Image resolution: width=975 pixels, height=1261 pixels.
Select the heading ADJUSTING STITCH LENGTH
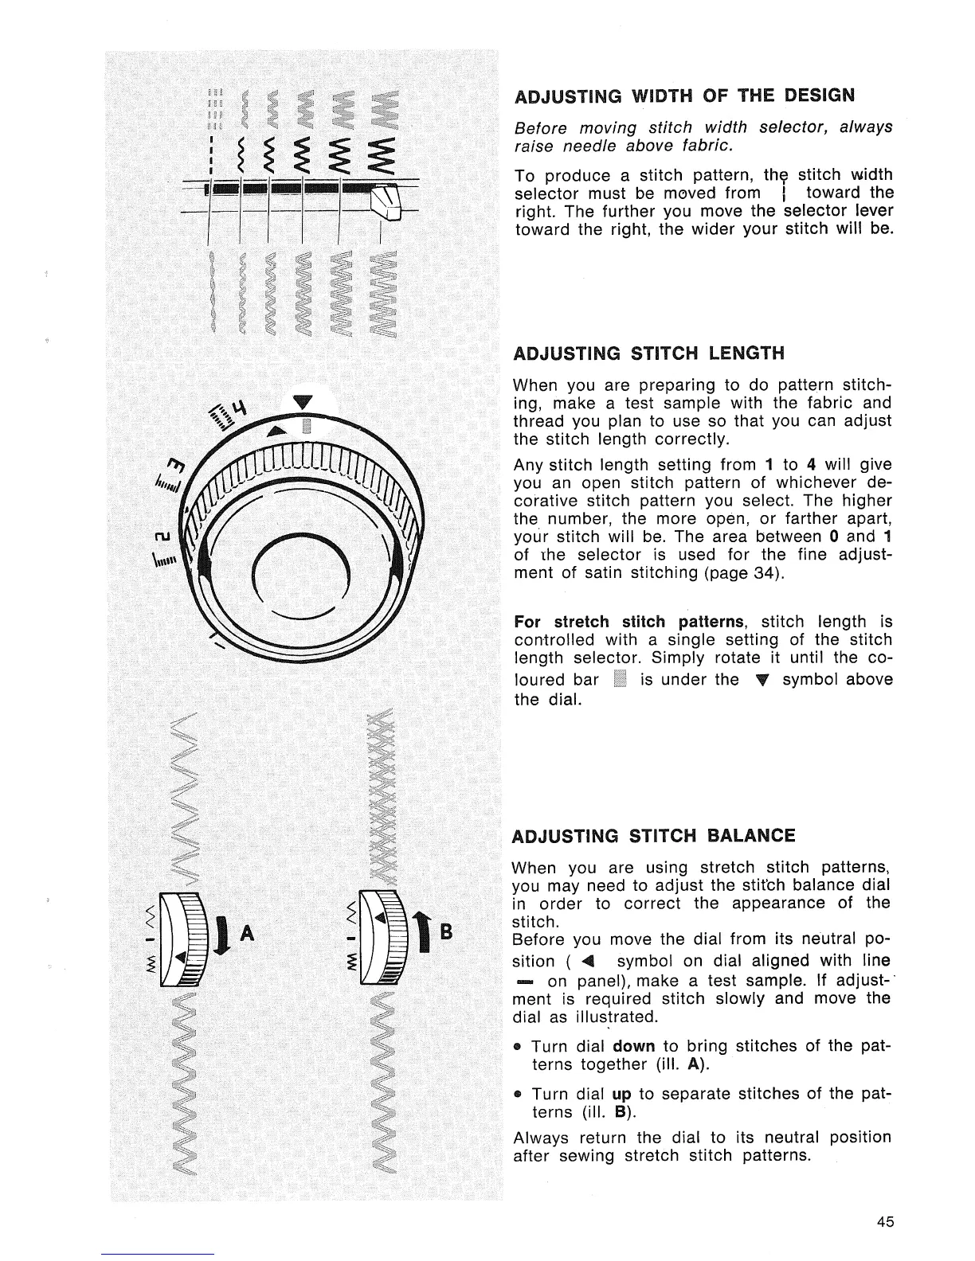pyautogui.click(x=649, y=353)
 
